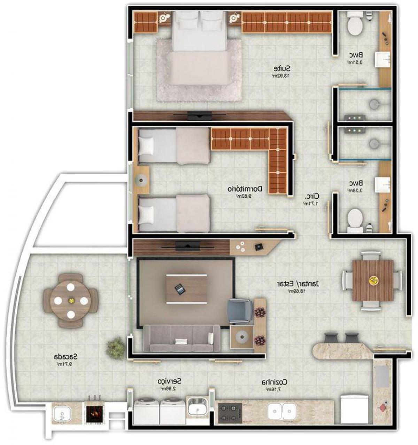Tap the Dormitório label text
tap(245, 189)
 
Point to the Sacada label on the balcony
tap(65, 357)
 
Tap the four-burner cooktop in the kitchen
tap(230, 412)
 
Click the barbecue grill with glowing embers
tap(94, 412)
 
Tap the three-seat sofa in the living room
tap(182, 339)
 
